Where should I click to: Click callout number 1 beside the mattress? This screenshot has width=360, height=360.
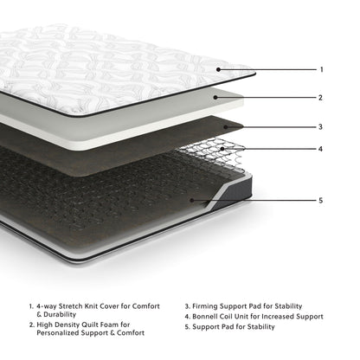[321, 69]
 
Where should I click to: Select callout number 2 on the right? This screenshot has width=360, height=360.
[321, 98]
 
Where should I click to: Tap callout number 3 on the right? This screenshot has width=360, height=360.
[321, 127]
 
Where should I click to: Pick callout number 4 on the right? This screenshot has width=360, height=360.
[321, 148]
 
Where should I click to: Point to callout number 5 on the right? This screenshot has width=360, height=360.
[321, 201]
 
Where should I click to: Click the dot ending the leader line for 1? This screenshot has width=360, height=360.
[219, 69]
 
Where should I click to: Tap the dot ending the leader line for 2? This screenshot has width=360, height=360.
[219, 98]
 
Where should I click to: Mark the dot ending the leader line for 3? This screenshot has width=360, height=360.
[228, 127]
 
